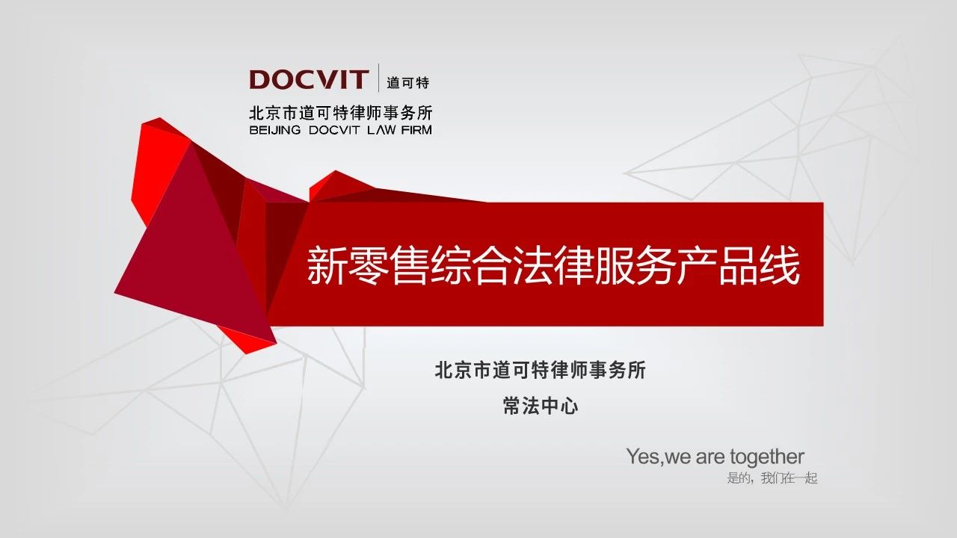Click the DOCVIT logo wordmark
[x=309, y=79]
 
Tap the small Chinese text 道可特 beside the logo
[x=407, y=82]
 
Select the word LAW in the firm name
[x=378, y=130]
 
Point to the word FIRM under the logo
[x=416, y=130]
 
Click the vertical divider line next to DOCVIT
[x=378, y=78]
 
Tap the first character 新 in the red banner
[x=327, y=265]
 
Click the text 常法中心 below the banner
[x=541, y=406]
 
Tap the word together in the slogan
[x=767, y=457]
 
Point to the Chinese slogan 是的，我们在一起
[x=772, y=477]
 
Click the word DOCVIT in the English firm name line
[x=333, y=130]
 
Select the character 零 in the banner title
[x=368, y=265]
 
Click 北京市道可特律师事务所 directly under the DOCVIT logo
[x=341, y=113]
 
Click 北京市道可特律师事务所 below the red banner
[x=540, y=370]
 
